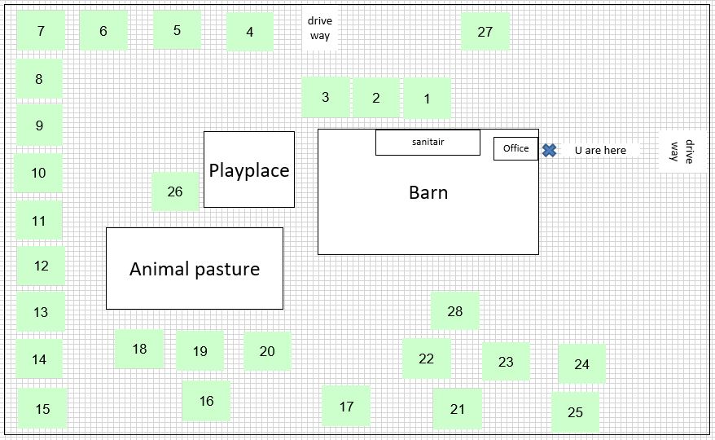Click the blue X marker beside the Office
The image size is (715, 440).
pos(550,150)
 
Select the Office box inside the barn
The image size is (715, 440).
pos(515,149)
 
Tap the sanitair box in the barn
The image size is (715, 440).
pos(428,143)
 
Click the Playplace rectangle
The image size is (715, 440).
pos(249,169)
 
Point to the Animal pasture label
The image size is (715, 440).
pos(195,269)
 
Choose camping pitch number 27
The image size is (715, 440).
pos(485,31)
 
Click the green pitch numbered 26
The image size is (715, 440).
pos(175,191)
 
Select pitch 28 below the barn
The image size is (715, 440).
pos(455,310)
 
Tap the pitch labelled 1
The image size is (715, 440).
pos(427,99)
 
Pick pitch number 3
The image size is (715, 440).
pos(325,97)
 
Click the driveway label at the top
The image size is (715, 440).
pos(320,28)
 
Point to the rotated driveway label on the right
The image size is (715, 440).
pos(682,152)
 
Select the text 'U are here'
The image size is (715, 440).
pos(600,150)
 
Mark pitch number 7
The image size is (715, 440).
pos(41,31)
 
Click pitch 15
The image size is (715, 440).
pos(42,408)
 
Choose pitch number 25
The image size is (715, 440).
pos(575,412)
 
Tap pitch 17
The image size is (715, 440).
pos(346,407)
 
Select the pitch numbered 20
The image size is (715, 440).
pos(267,351)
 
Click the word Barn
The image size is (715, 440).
pos(428,192)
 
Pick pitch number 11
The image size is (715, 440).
pos(39,221)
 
